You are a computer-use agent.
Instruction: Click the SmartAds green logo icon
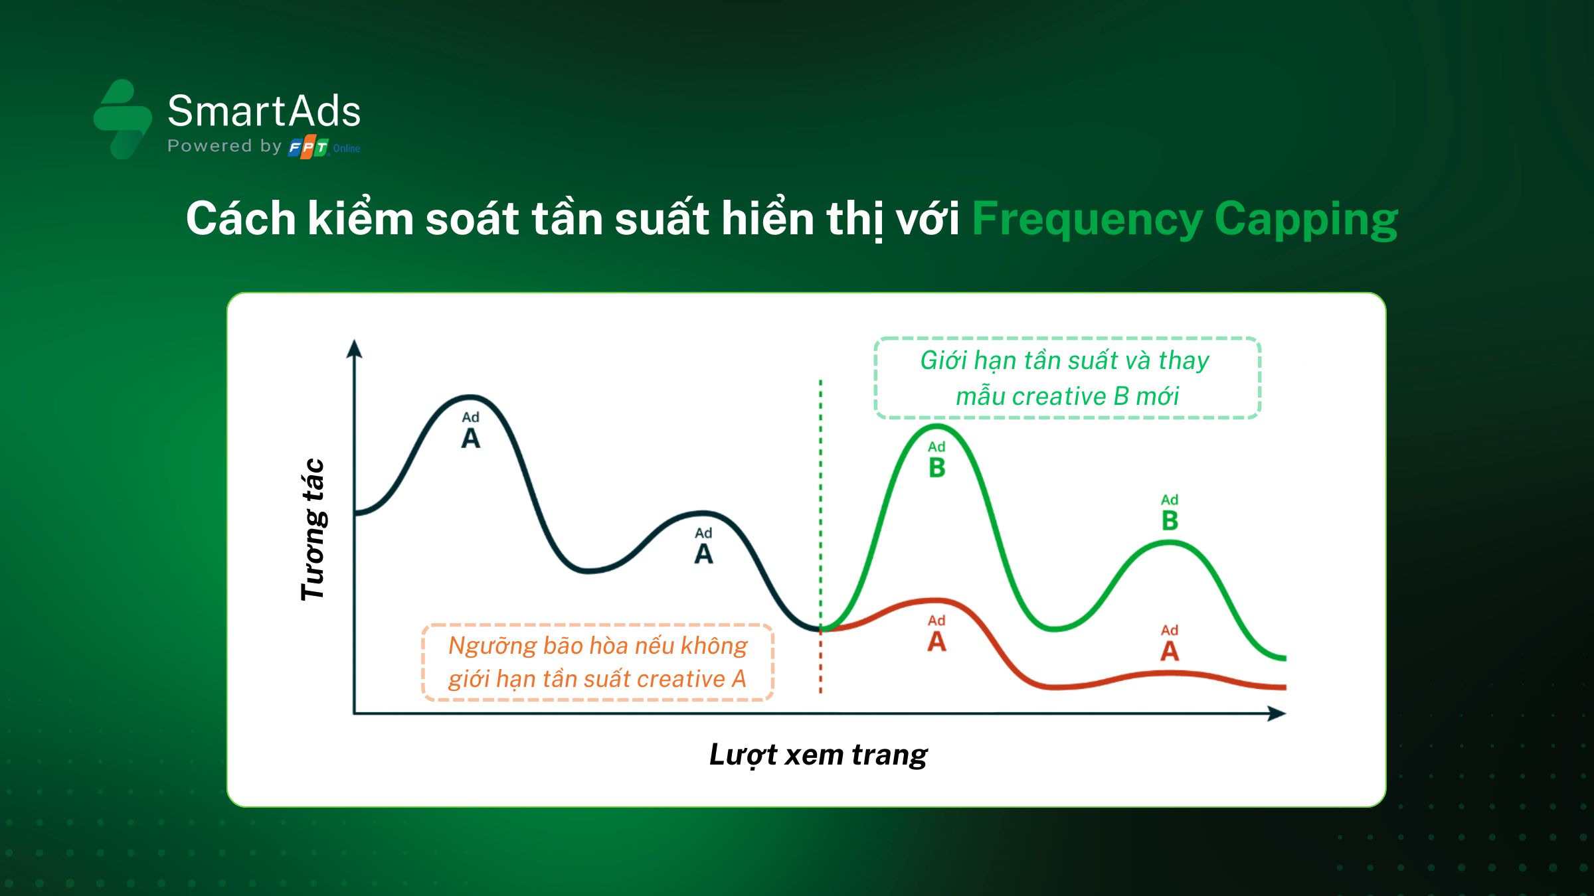click(x=123, y=119)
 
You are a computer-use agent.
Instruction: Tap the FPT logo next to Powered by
click(x=309, y=147)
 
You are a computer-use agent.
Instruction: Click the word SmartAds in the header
click(x=264, y=110)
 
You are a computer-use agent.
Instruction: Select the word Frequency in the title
click(x=1087, y=220)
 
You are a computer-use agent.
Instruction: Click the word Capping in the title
click(x=1306, y=220)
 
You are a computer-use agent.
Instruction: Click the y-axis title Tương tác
click(x=312, y=529)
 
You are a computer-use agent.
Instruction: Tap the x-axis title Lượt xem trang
click(x=818, y=755)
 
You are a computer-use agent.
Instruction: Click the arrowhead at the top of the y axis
click(x=354, y=348)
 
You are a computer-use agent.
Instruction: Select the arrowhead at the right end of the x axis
click(x=1277, y=713)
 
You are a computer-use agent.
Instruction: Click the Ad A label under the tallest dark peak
click(x=470, y=430)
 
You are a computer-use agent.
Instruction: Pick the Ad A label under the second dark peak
click(x=703, y=546)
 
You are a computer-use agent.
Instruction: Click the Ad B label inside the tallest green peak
click(x=936, y=459)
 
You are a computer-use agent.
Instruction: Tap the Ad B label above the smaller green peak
click(x=1170, y=512)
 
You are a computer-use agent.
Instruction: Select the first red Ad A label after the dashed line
click(x=936, y=633)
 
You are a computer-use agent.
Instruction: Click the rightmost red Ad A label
click(x=1170, y=643)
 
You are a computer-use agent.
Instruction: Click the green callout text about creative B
click(x=1066, y=378)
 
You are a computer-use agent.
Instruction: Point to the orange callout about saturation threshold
click(x=598, y=662)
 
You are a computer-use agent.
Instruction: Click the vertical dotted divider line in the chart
click(x=821, y=536)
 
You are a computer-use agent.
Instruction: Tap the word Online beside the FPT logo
click(x=347, y=149)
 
